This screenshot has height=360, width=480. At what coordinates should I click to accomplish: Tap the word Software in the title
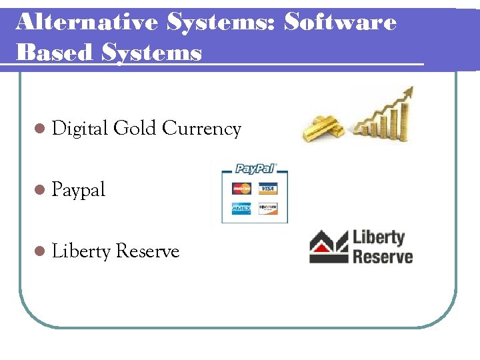(x=340, y=22)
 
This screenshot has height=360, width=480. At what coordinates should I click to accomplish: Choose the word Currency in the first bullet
(x=201, y=128)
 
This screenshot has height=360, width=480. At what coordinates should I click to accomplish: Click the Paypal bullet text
(x=79, y=190)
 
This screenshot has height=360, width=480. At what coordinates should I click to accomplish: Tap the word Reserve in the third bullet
(x=148, y=251)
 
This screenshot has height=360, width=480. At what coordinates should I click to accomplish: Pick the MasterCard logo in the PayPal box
(x=241, y=189)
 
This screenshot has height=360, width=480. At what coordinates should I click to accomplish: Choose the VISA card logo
(x=267, y=189)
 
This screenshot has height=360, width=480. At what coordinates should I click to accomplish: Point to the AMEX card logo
(x=241, y=209)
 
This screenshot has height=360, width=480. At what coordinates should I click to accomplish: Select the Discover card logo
(x=267, y=209)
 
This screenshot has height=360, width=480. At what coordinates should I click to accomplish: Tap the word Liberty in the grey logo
(x=379, y=238)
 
